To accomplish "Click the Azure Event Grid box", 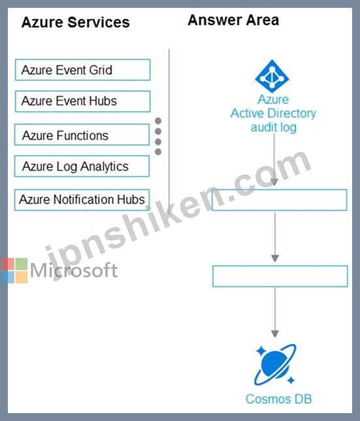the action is coord(82,70).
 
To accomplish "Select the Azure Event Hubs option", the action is coord(82,101).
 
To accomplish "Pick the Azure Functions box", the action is coord(82,135).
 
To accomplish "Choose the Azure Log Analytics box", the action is coord(82,166).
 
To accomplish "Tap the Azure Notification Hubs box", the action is coord(82,200).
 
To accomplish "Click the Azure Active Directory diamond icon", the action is coord(272,76).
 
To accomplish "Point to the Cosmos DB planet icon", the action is coord(275,364).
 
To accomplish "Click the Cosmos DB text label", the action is coord(278,399).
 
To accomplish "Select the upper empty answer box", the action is coord(279,200).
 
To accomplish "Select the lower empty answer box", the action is coord(280,277).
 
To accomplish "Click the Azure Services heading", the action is coord(75,22).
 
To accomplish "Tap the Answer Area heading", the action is coord(233,20).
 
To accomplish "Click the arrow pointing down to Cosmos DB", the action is coord(274,312).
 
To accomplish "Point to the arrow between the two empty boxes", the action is coord(274,237).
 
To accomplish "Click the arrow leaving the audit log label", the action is coord(274,160).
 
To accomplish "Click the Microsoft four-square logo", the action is coord(14,271).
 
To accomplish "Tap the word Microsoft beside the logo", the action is coord(74,270).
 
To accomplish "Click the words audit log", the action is coord(274,127).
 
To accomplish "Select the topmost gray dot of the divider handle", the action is coord(158,121).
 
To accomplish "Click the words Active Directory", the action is coord(273,113).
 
